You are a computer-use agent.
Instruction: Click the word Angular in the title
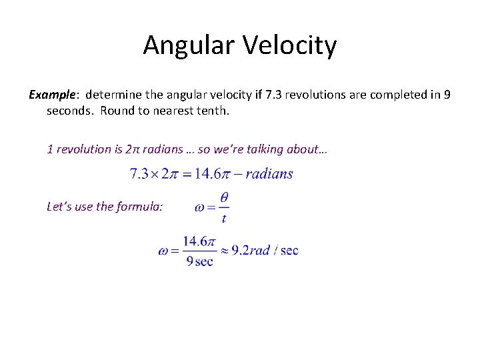click(186, 46)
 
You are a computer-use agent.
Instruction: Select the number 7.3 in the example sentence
click(274, 95)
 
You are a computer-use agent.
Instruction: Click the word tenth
click(213, 111)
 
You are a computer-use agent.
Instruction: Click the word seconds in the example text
click(71, 111)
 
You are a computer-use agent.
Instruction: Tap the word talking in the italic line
click(265, 149)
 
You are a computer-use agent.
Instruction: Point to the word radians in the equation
click(269, 174)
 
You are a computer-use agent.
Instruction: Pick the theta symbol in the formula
click(224, 197)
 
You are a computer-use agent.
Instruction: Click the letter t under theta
click(224, 218)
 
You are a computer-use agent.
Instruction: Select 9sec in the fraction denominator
click(199, 261)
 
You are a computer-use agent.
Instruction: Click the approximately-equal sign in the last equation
click(225, 251)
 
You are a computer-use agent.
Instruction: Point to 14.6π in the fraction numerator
click(199, 241)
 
